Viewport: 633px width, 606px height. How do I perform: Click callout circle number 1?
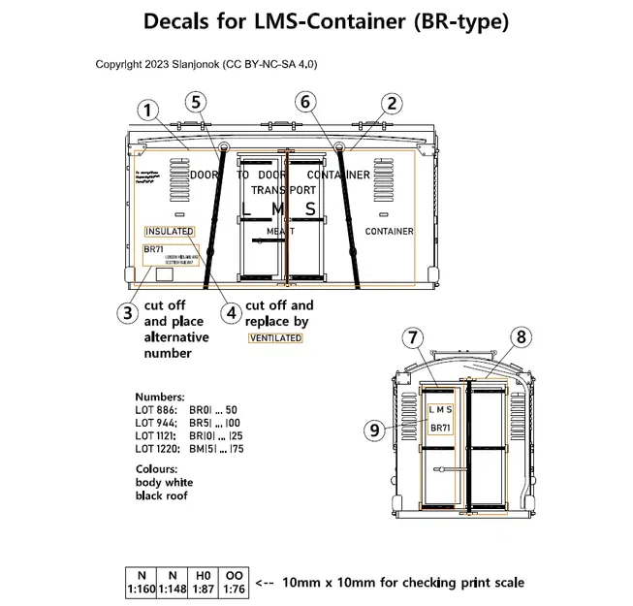[x=147, y=111]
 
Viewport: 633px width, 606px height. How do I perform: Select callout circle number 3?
[x=127, y=312]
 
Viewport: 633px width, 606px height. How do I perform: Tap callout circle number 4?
[x=230, y=312]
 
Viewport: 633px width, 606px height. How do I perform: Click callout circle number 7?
[x=414, y=338]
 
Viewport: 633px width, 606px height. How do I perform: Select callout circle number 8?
[x=522, y=337]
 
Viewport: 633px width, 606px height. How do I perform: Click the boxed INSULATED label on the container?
[x=170, y=232]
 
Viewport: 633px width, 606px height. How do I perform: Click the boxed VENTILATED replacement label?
[x=275, y=338]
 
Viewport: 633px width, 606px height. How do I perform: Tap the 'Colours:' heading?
[x=156, y=469]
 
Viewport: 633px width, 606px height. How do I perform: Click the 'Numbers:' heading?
[x=160, y=398]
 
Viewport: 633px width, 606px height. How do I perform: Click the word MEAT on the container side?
[x=281, y=232]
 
